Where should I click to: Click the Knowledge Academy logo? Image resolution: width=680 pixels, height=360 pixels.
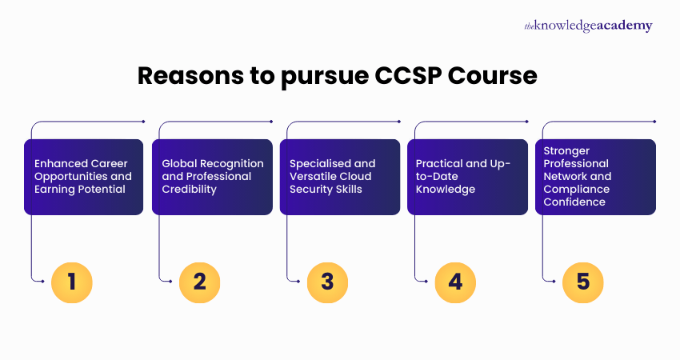(588, 26)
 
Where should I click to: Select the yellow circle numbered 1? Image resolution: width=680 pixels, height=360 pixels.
(71, 281)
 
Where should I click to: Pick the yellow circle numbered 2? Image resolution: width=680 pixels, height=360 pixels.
(199, 281)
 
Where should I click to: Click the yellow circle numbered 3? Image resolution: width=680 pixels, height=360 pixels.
(327, 281)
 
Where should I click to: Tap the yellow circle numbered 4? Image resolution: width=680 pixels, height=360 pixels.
(455, 281)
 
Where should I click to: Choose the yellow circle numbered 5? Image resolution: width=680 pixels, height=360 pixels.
(583, 281)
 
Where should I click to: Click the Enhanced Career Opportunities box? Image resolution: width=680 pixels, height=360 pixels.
(83, 177)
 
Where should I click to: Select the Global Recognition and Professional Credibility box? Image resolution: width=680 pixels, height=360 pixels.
(211, 177)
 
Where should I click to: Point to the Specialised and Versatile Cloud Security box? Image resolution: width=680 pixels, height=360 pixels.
(339, 177)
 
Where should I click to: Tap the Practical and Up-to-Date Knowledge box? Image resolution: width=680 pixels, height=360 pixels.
(467, 177)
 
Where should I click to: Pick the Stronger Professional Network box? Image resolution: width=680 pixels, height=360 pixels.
(595, 177)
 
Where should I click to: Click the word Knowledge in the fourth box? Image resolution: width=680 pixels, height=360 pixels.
(446, 190)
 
